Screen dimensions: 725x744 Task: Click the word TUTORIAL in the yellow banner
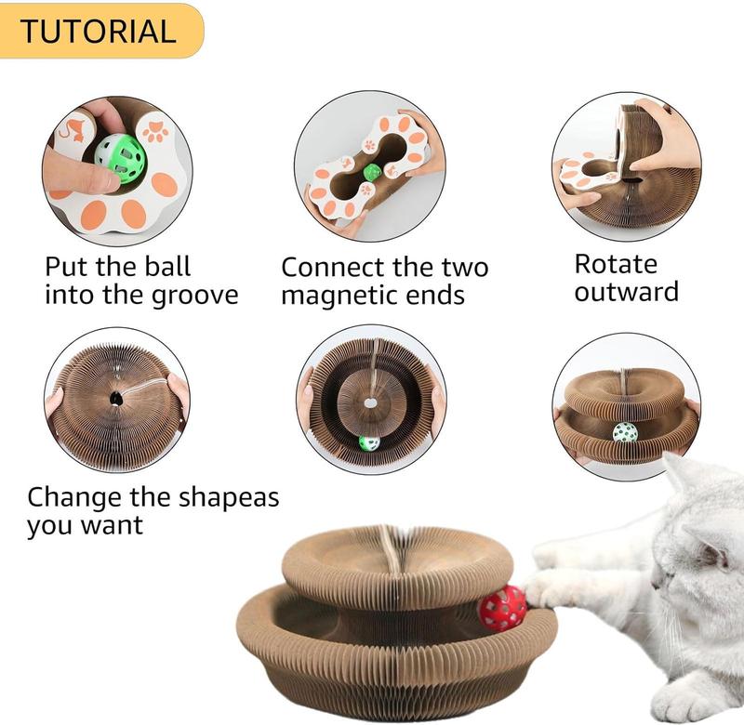coord(98,31)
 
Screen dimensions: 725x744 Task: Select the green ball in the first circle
coord(120,158)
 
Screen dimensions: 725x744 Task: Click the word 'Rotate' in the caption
coord(617,264)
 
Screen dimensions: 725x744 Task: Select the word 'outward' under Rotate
coord(626,292)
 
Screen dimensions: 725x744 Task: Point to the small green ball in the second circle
coord(372,172)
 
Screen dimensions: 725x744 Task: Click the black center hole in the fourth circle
coord(115,399)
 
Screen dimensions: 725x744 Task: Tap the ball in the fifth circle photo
coord(369,443)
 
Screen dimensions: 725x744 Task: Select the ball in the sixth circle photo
coord(625,431)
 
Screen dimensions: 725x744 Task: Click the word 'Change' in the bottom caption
coord(75,496)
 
